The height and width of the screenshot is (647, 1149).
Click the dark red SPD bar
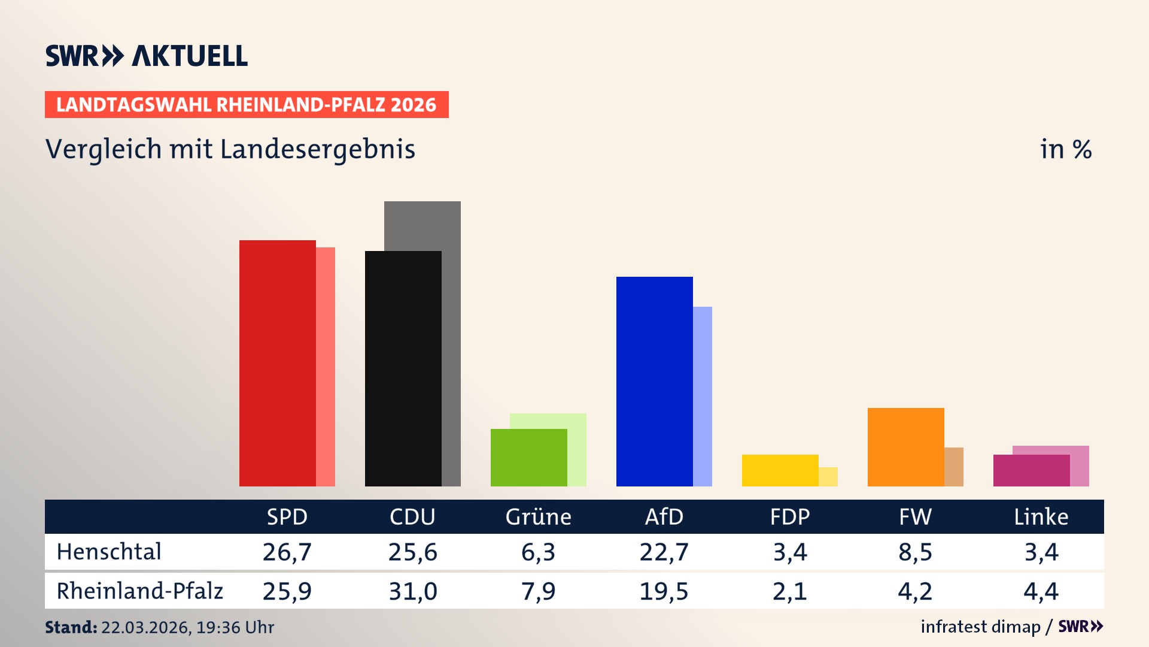(x=277, y=363)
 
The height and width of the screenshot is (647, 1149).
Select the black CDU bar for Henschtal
(x=403, y=368)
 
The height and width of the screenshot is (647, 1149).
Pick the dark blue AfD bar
(x=654, y=381)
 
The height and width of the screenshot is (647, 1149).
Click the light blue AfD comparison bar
(x=703, y=396)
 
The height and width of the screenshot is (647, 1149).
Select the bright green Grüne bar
(x=528, y=457)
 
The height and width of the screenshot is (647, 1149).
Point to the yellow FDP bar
(x=780, y=470)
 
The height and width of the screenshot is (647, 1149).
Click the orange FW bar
(x=905, y=447)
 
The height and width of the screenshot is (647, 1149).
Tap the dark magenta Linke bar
(x=1031, y=470)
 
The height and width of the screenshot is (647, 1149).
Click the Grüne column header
(x=538, y=516)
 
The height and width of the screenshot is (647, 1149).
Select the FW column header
(x=915, y=516)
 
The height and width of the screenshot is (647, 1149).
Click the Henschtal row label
(x=109, y=552)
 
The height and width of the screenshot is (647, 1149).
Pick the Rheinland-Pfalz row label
(x=139, y=591)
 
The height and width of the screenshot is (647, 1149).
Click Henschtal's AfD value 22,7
(x=664, y=552)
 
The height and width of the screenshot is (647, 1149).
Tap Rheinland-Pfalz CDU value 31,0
(x=412, y=591)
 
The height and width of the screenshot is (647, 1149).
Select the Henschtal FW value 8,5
(x=915, y=552)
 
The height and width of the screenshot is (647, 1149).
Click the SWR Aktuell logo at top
(x=147, y=56)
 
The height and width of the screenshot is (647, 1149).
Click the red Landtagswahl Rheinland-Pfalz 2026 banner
(x=247, y=105)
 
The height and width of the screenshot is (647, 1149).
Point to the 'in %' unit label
(x=1065, y=149)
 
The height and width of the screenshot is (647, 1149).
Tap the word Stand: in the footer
(x=71, y=627)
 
